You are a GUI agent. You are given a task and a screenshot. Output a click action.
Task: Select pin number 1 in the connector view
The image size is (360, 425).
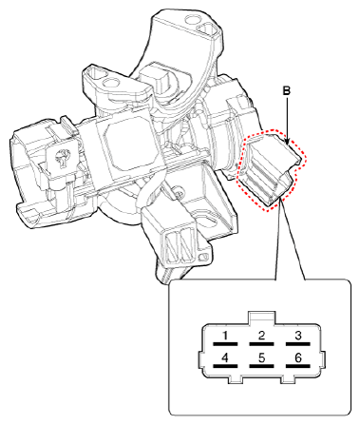click(x=225, y=335)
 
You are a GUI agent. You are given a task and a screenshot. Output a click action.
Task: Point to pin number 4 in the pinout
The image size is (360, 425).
click(x=225, y=358)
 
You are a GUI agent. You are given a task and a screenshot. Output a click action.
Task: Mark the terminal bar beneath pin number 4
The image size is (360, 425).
click(x=225, y=367)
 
